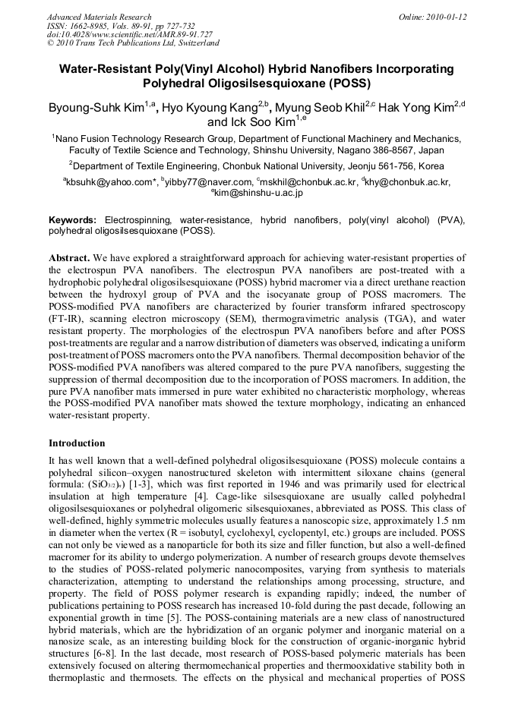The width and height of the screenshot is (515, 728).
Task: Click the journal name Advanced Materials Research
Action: pyautogui.click(x=99, y=17)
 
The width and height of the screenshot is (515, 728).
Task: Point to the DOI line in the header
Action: pyautogui.click(x=130, y=34)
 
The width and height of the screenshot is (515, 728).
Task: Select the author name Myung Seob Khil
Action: pyautogui.click(x=323, y=109)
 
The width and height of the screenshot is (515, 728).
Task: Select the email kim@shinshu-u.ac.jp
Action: pyautogui.click(x=258, y=194)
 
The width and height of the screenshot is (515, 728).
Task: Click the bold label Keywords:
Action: pyautogui.click(x=73, y=219)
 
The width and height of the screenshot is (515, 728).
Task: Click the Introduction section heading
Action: pyautogui.click(x=77, y=443)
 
